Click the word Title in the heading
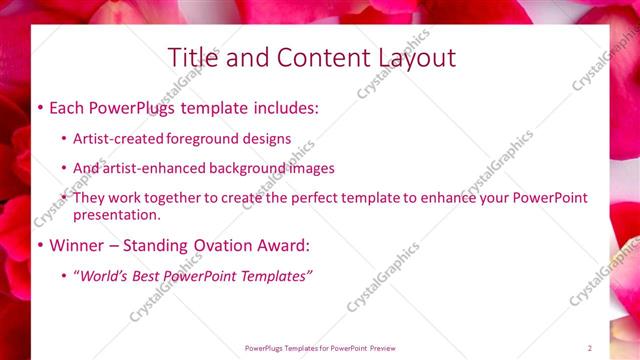[190, 57]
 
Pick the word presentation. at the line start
[116, 214]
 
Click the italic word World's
[104, 275]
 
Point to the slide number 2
[590, 348]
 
